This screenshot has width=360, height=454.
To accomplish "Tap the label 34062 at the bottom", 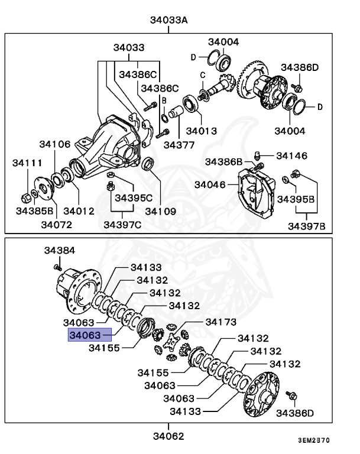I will coord(168,436).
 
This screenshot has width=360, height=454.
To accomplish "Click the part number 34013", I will coord(201,131).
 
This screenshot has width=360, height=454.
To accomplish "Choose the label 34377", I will coord(180,144).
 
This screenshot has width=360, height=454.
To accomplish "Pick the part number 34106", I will coord(55,144).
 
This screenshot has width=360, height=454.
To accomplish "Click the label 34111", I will coord(28,162).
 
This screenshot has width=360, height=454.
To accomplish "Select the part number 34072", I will coord(57,224).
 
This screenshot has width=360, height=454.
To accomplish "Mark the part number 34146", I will coord(291,156).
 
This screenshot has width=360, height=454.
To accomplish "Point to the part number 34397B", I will coord(306,225).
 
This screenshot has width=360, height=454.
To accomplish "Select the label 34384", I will coord(59,251).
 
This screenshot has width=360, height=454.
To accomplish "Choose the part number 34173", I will coord(220,322).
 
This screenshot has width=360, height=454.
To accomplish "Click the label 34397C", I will coord(122,224).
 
